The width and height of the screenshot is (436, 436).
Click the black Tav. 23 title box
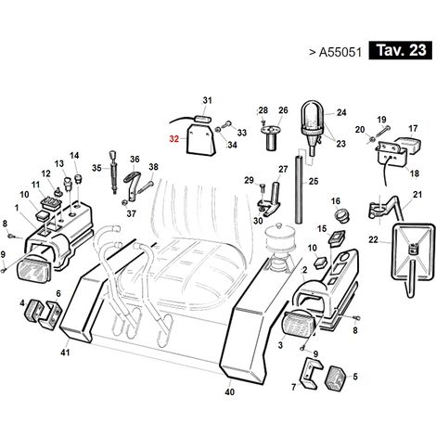coord(401,50)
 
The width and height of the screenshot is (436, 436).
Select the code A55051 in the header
coord(340,52)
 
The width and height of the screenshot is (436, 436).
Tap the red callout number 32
coord(174,139)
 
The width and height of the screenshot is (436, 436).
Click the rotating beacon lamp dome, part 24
coord(313,114)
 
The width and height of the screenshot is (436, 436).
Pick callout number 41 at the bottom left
coord(65,353)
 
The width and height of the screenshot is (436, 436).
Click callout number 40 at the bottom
coord(229,391)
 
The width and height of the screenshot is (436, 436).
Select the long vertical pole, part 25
coord(299,189)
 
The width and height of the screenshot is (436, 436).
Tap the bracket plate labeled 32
coord(200,138)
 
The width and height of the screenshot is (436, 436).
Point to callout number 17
coord(413,128)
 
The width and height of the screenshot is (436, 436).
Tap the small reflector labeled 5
coord(335,378)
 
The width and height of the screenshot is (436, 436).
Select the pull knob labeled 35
coord(113,172)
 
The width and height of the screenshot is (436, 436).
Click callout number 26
coord(283,110)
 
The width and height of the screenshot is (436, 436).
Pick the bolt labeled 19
coord(382,133)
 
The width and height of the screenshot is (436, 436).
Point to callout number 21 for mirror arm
coord(417,195)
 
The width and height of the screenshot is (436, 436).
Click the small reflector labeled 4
coord(33,309)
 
